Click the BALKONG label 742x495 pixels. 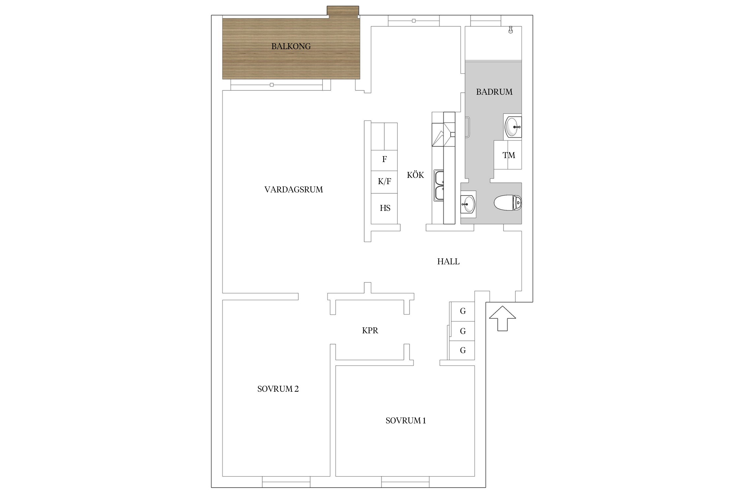click(291, 47)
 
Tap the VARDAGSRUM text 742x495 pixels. click(294, 190)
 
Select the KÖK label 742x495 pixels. click(415, 175)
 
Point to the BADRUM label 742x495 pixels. click(494, 92)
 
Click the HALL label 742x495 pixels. click(448, 262)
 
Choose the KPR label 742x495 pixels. click(370, 331)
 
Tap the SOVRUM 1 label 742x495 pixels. click(406, 421)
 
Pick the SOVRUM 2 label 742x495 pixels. click(278, 389)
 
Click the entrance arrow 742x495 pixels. click(502, 318)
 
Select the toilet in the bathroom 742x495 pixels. click(508, 203)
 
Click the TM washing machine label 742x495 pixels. click(509, 155)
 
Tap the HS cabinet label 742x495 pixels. click(385, 208)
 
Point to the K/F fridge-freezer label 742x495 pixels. click(385, 181)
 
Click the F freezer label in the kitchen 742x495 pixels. click(385, 159)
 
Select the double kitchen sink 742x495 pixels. click(439, 185)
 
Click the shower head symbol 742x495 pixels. click(511, 30)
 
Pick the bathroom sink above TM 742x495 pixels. click(513, 127)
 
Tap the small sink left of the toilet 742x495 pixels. click(468, 204)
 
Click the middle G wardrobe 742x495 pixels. click(462, 331)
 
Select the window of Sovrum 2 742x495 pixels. click(286, 482)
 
